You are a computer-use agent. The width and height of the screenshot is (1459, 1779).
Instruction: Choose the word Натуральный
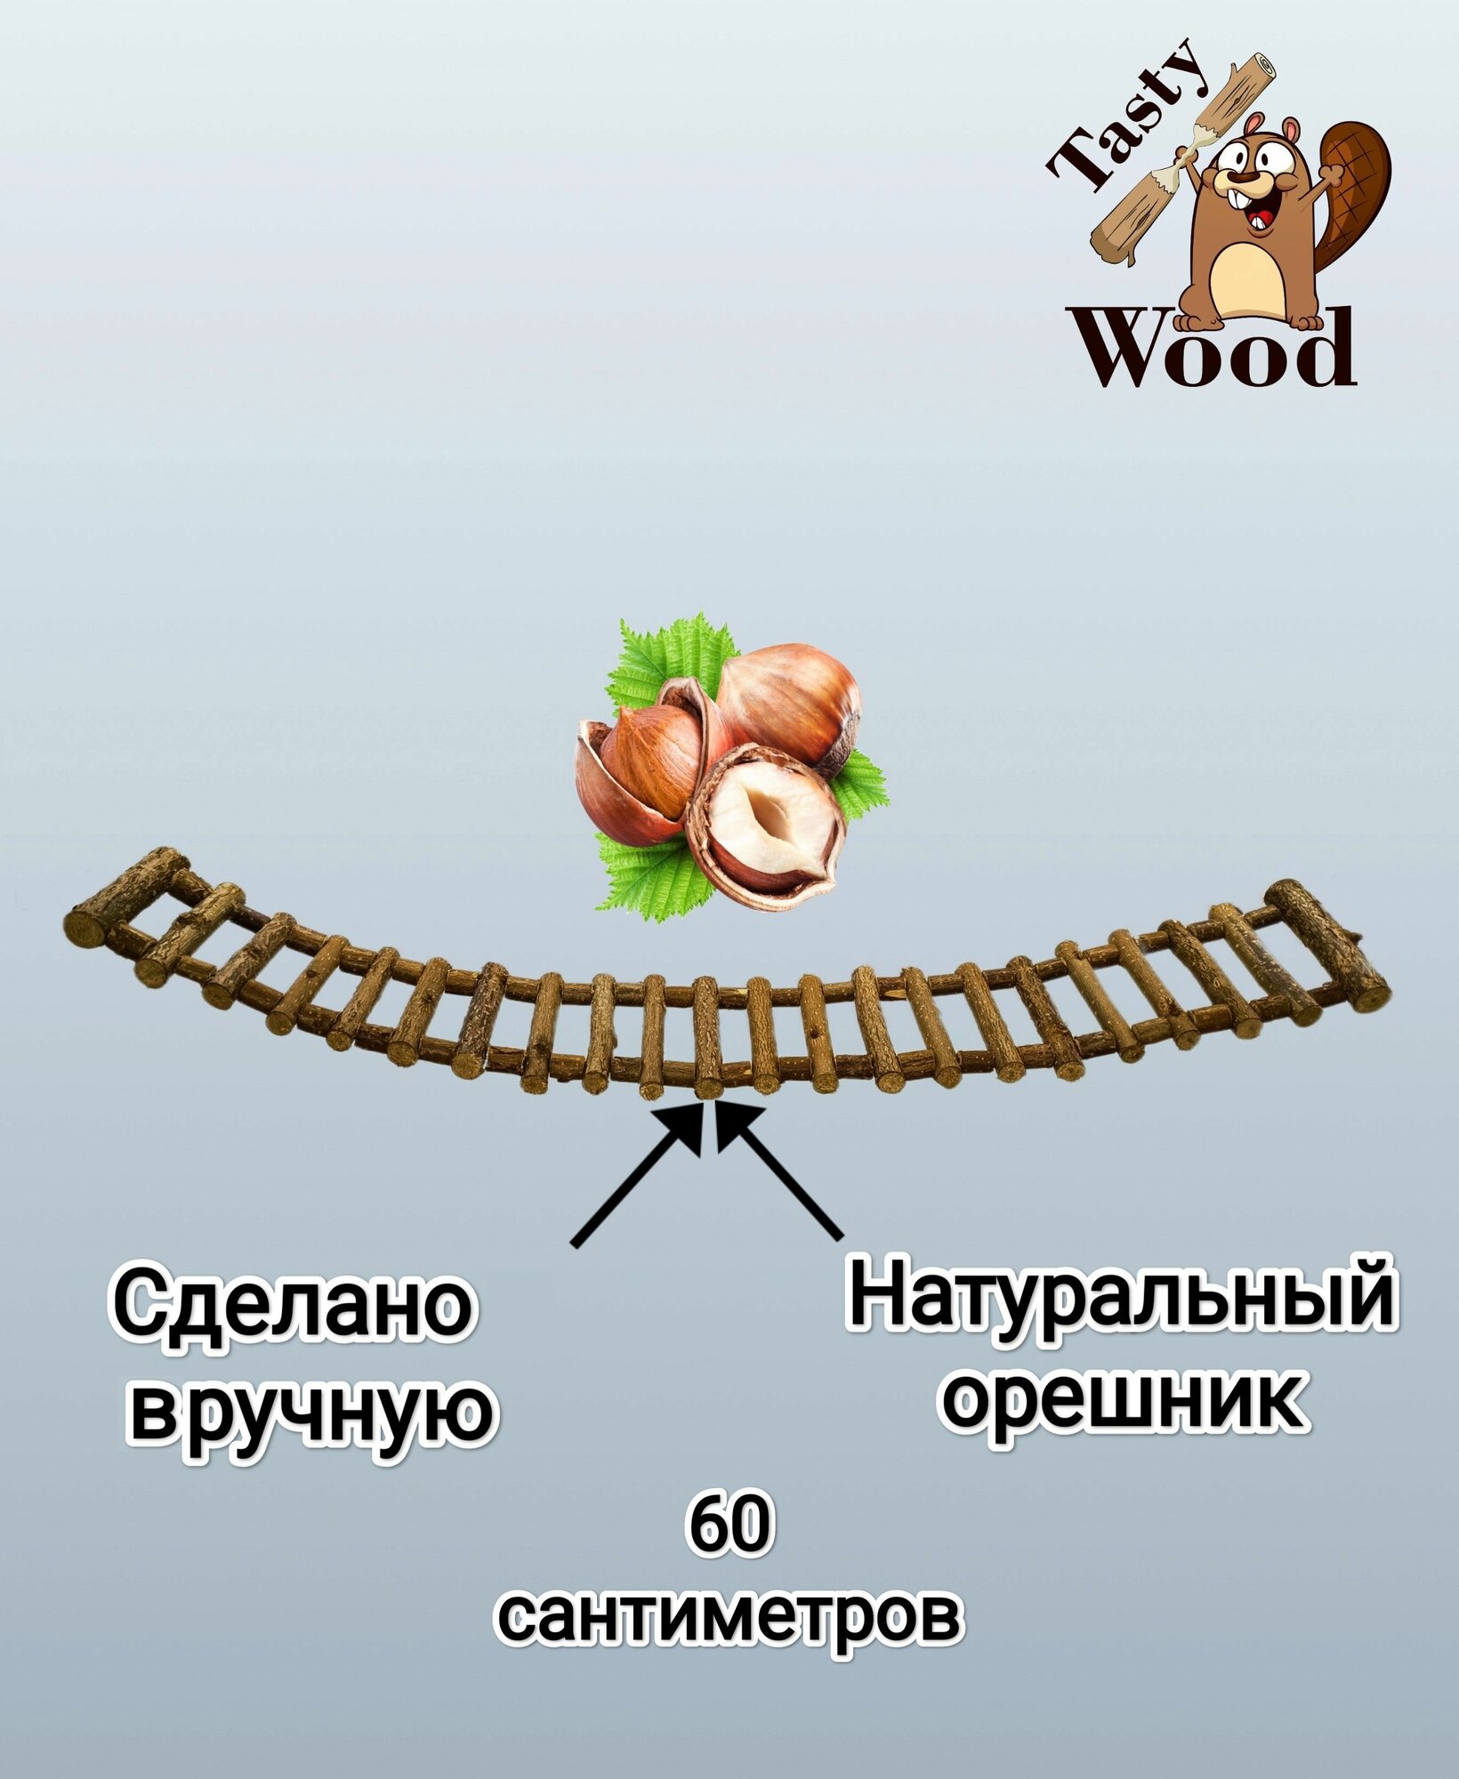pos(1121,1300)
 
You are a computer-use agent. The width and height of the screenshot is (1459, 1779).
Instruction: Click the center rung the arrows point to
pos(708,1036)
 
